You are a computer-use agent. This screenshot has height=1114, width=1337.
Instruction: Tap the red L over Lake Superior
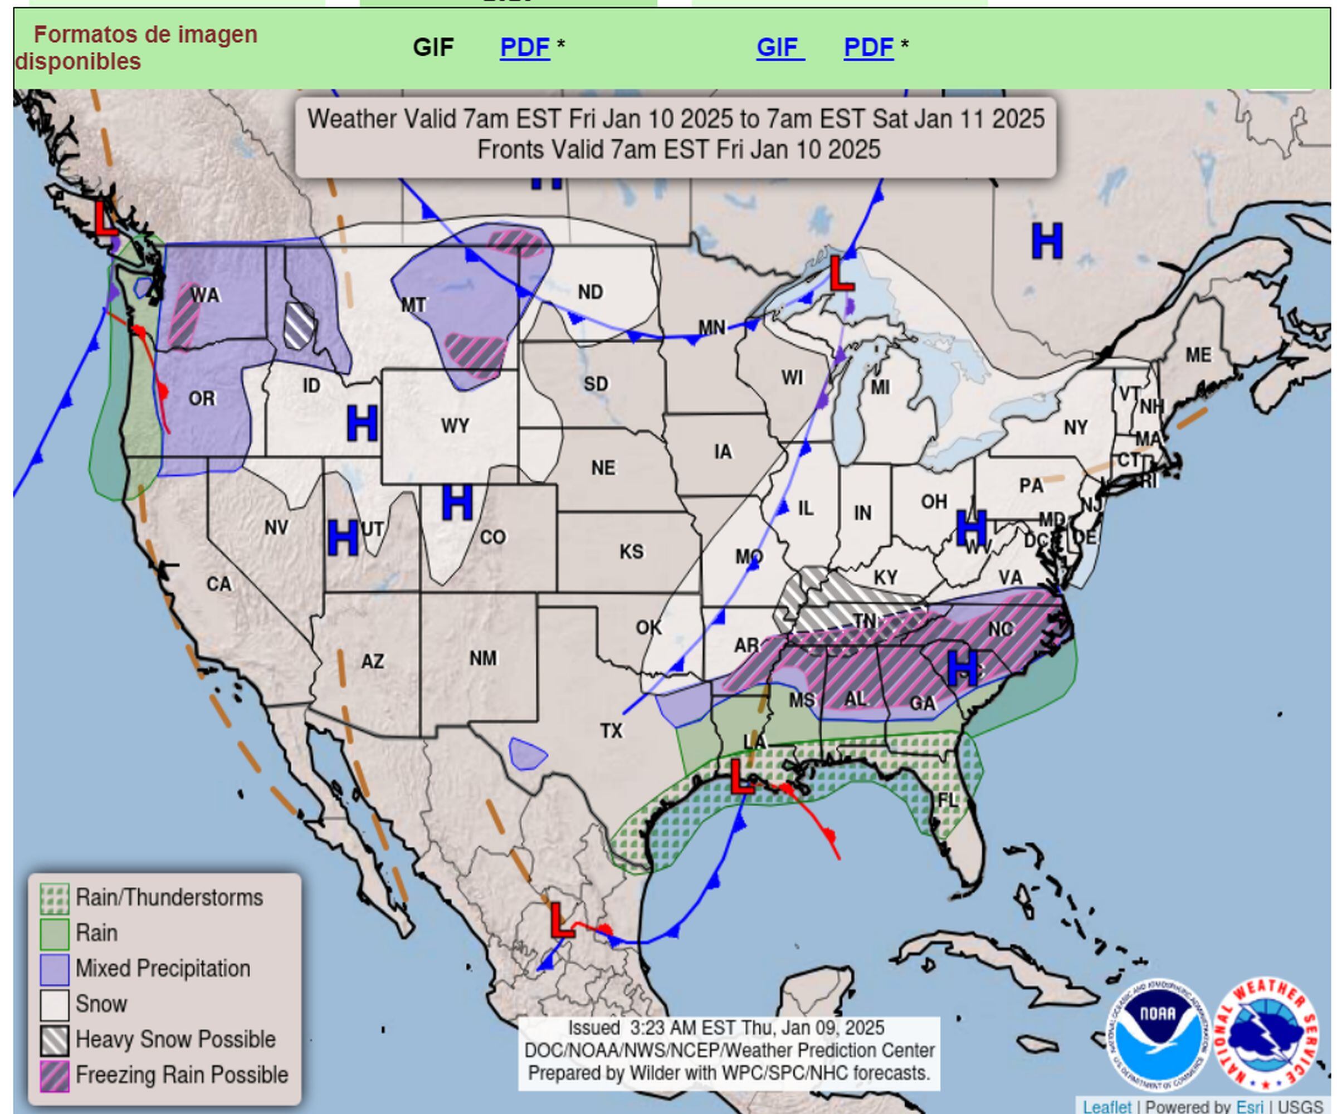tap(841, 275)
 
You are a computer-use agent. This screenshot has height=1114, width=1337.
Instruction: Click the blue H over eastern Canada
tap(1047, 241)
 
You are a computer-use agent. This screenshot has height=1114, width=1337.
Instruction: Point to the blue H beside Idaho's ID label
tap(362, 424)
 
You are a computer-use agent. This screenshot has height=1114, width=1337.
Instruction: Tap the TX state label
tap(611, 731)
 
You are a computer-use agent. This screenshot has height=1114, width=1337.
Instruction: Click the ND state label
tap(590, 292)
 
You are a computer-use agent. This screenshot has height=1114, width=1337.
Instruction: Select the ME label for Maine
tap(1198, 355)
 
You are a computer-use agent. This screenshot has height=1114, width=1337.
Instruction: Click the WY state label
tap(455, 426)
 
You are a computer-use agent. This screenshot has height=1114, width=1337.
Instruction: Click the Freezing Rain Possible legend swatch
tap(54, 1076)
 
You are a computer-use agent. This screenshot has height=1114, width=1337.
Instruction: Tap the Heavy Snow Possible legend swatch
tap(54, 1040)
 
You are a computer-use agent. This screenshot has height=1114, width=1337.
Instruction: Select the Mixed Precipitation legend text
tap(162, 969)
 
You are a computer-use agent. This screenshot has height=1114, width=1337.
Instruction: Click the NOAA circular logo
tap(1157, 1033)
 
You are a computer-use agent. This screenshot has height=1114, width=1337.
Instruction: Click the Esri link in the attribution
tap(1249, 1107)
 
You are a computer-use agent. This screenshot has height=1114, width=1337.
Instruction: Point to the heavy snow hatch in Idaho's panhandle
tap(299, 325)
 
